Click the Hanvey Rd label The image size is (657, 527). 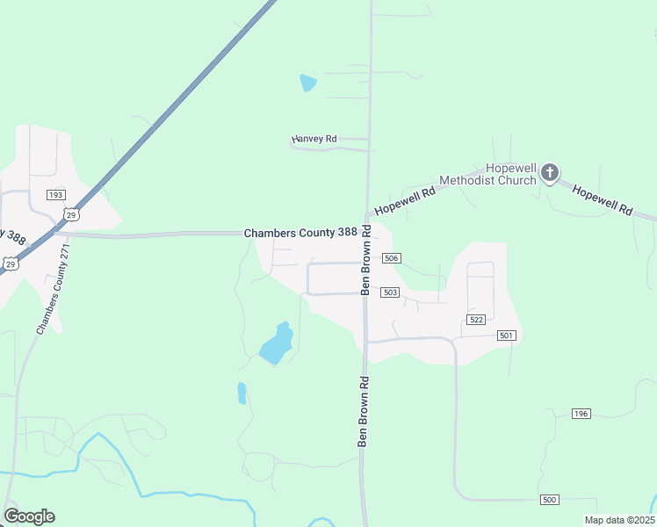(314, 139)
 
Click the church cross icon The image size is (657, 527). (549, 172)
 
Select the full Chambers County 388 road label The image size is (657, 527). (301, 233)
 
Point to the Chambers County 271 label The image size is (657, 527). (52, 289)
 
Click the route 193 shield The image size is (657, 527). (56, 194)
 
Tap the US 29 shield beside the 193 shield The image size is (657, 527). (71, 213)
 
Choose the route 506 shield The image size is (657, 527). (392, 258)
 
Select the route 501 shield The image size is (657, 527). (506, 336)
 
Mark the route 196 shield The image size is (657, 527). (580, 413)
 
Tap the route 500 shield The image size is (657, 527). (550, 500)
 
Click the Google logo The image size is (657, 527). (29, 516)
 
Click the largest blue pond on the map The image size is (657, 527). (276, 346)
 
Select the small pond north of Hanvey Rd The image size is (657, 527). (307, 83)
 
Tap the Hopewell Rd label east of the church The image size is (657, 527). (603, 199)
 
